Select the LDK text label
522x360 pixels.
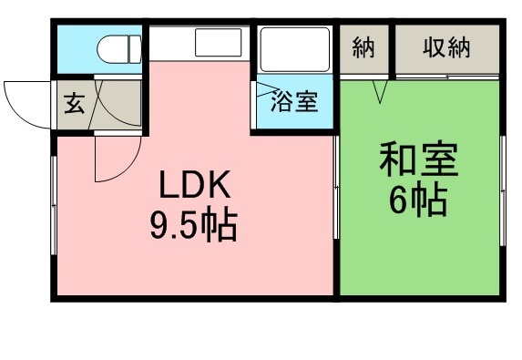click(198, 187)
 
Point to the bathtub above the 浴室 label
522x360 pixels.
click(295, 53)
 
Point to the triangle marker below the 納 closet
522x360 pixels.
click(381, 92)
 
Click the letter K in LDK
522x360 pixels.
click(223, 187)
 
